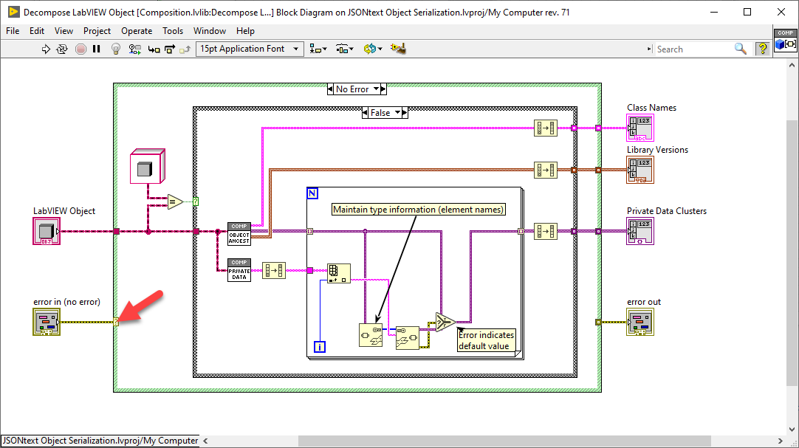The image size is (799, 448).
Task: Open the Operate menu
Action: (x=137, y=31)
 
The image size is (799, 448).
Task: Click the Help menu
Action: (x=245, y=31)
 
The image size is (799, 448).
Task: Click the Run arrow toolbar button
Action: (x=46, y=49)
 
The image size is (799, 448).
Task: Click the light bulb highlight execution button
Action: (x=115, y=49)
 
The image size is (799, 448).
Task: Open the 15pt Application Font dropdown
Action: (x=250, y=49)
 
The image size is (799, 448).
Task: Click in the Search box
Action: (x=694, y=49)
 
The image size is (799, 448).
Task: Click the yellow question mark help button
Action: (x=762, y=49)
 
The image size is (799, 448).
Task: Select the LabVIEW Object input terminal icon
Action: (x=45, y=231)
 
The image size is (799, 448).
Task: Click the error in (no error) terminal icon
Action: (x=46, y=322)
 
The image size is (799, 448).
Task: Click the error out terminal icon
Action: (x=640, y=322)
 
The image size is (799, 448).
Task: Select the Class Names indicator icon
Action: (x=639, y=128)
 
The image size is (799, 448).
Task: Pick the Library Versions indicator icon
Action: (x=639, y=170)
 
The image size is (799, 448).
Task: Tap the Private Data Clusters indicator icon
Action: (x=639, y=231)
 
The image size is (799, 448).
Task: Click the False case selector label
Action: (x=380, y=113)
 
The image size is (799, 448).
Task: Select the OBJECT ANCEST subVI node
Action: (x=239, y=233)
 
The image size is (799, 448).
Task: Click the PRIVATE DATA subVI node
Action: (x=239, y=270)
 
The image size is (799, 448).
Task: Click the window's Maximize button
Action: (x=747, y=12)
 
